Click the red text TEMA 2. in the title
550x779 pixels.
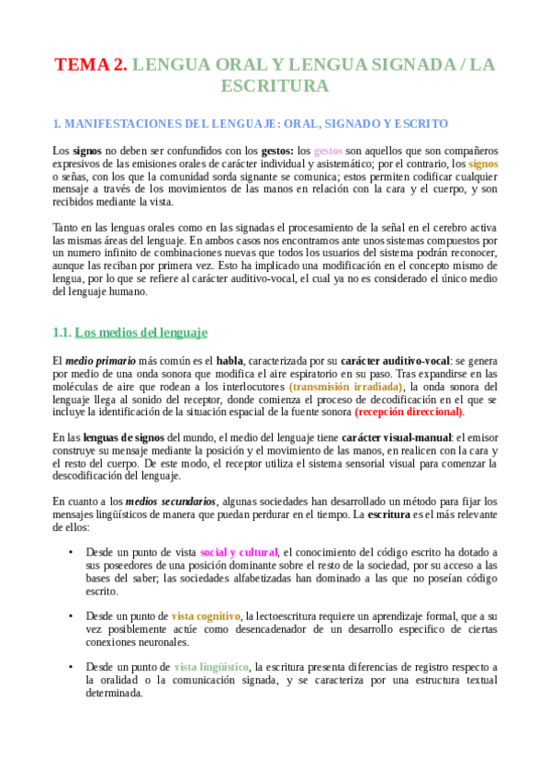pyautogui.click(x=91, y=64)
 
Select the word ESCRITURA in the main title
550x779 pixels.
pyautogui.click(x=275, y=86)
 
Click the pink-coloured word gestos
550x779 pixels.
pyautogui.click(x=328, y=150)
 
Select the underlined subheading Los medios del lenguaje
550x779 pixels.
pyautogui.click(x=141, y=332)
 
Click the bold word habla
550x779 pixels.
pyautogui.click(x=230, y=361)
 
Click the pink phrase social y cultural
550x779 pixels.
pyautogui.click(x=240, y=552)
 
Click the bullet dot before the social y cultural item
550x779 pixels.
pyautogui.click(x=71, y=552)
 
